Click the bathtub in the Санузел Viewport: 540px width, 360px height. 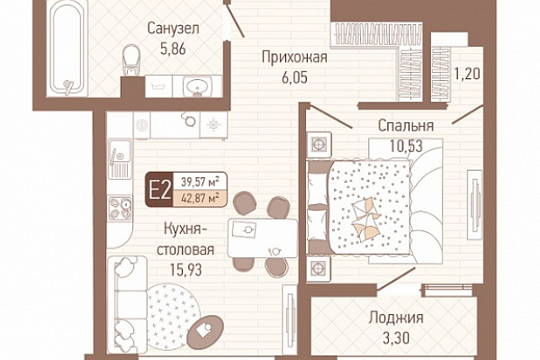pos(67,49)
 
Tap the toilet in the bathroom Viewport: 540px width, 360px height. pos(130,60)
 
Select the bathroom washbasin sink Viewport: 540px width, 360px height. pos(197,85)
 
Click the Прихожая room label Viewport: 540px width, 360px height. pos(294,58)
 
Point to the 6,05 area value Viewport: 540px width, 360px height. pos(294,77)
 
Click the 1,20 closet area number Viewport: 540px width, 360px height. pos(467,74)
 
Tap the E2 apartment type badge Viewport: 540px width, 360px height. pos(159,190)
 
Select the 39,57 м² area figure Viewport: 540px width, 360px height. pos(200,181)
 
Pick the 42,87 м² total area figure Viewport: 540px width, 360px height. pos(200,198)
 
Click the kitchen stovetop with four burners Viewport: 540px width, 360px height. pos(120,208)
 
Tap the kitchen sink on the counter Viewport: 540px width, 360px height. pos(120,158)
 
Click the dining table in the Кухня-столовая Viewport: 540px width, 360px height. pos(263,238)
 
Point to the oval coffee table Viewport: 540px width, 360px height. pos(205,332)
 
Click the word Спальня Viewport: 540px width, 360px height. pos(406,126)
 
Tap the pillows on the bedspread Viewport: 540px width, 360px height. pos(365,219)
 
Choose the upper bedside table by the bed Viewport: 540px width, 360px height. pos(319,144)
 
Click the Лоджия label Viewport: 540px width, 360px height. pos(396,318)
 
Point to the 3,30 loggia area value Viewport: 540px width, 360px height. pos(396,338)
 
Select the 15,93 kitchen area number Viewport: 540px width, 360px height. pos(185,270)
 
